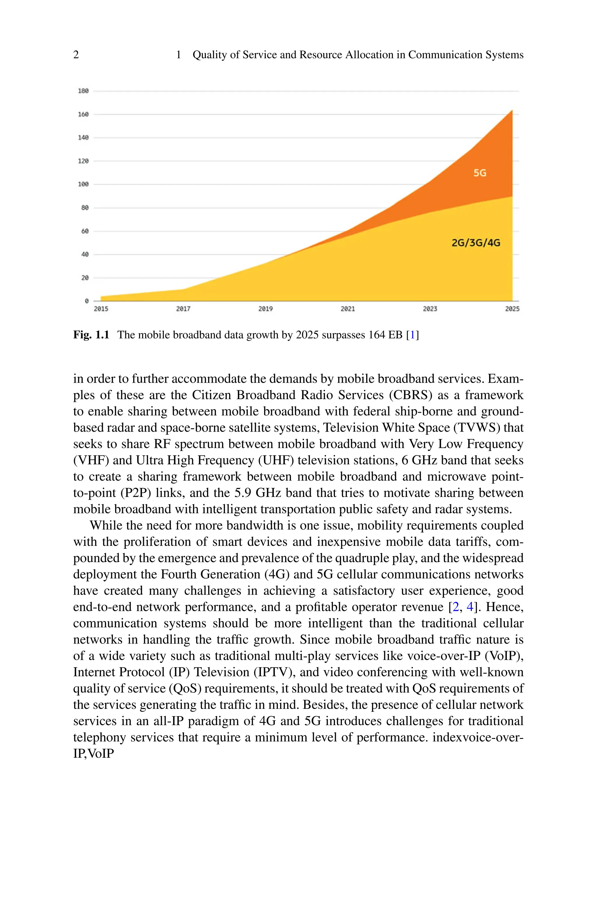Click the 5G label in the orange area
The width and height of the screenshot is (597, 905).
480,173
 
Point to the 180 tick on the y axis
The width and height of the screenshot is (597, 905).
83,91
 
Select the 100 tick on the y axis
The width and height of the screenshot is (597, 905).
83,184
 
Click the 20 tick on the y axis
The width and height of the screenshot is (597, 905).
85,278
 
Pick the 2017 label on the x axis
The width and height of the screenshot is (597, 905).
183,309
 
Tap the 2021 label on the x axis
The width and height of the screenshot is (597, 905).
347,309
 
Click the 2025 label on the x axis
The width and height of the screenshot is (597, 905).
512,309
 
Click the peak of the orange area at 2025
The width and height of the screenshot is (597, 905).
512,111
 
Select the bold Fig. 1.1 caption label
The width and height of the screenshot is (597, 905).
91,335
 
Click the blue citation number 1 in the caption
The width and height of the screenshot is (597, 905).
412,335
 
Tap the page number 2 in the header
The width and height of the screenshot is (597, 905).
76,55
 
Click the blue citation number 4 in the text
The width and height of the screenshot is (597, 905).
470,607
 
